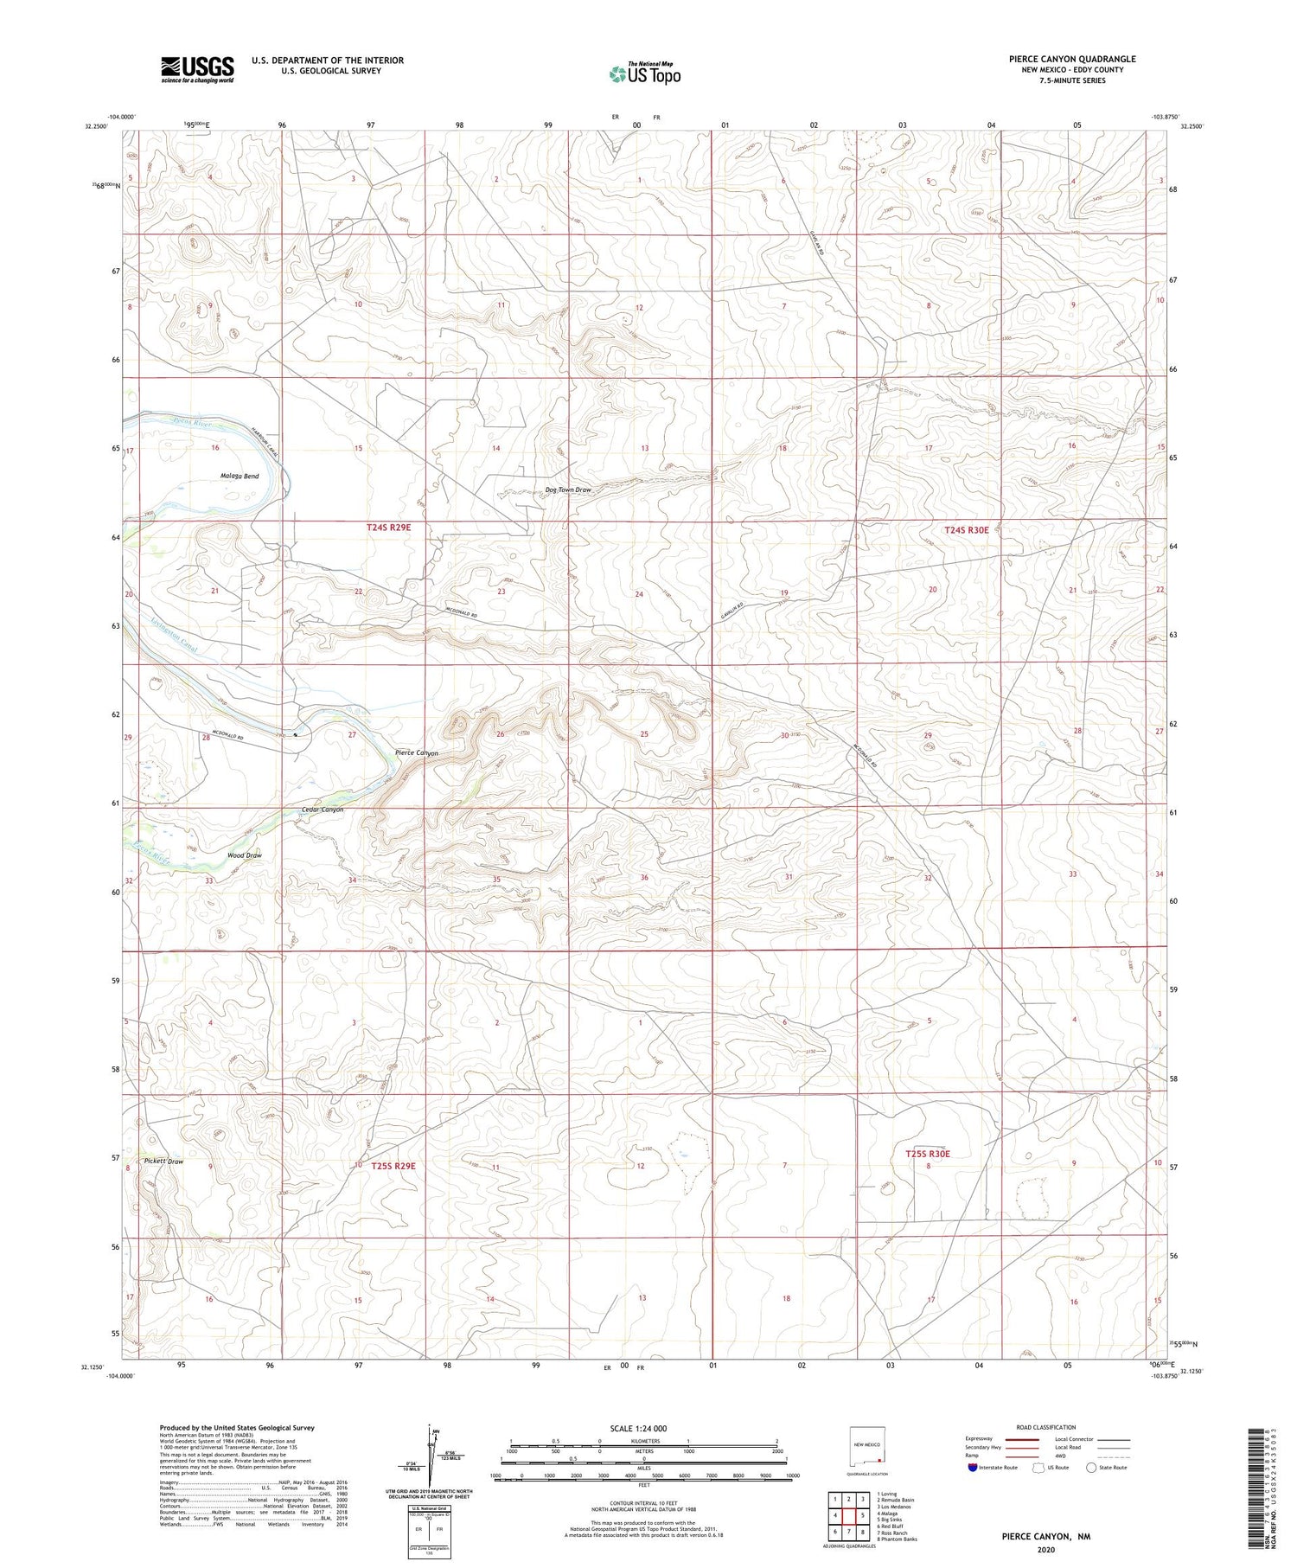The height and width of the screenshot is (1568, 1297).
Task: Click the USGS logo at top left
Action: [196, 69]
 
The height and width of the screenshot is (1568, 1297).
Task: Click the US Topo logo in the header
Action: [644, 74]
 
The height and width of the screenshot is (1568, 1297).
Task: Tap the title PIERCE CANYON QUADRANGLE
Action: [1071, 59]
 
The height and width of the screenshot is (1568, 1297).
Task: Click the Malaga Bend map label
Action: [240, 477]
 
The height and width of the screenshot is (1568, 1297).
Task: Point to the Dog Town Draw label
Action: [568, 490]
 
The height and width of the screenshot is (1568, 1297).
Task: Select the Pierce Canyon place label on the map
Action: [416, 753]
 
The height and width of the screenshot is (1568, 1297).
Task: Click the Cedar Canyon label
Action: [323, 810]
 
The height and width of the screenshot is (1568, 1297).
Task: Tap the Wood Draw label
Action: [244, 855]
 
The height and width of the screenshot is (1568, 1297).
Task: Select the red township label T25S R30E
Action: [928, 1154]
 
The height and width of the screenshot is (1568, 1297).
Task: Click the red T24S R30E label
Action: [966, 529]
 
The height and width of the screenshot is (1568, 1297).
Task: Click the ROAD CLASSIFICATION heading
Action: [1045, 1427]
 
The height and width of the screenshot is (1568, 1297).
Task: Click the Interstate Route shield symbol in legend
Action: [974, 1468]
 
